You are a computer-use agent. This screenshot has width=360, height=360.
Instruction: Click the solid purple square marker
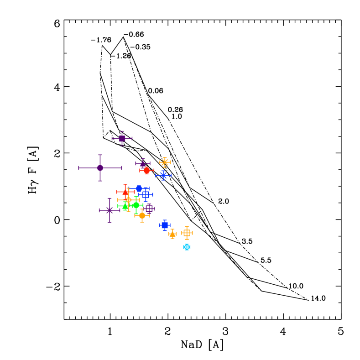(122, 138)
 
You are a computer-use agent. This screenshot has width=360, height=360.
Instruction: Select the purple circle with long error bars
(100, 168)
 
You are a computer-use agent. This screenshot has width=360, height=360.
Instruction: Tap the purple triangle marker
(142, 163)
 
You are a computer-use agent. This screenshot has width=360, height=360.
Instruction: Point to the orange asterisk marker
(165, 162)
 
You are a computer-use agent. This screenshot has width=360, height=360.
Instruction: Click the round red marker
(146, 171)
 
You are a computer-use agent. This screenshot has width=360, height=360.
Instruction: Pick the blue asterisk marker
(163, 175)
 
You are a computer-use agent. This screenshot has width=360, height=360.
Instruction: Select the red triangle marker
(125, 192)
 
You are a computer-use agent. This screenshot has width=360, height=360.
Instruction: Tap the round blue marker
(139, 188)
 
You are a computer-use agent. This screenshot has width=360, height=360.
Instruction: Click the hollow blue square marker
(145, 195)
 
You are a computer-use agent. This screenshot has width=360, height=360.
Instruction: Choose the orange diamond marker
(128, 200)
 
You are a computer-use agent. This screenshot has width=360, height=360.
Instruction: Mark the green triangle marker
(125, 206)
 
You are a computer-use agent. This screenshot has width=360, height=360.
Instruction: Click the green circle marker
(136, 205)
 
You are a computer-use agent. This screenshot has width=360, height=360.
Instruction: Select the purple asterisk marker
(110, 210)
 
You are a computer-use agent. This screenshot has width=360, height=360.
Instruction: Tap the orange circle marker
(142, 215)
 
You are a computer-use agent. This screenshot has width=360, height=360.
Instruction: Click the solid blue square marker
(164, 225)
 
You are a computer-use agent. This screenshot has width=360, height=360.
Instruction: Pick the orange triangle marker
(172, 235)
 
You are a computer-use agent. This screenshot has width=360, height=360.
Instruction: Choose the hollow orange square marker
(187, 233)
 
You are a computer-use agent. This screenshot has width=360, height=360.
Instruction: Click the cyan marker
(187, 247)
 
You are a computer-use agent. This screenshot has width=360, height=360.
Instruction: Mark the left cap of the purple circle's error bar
(79, 168)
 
